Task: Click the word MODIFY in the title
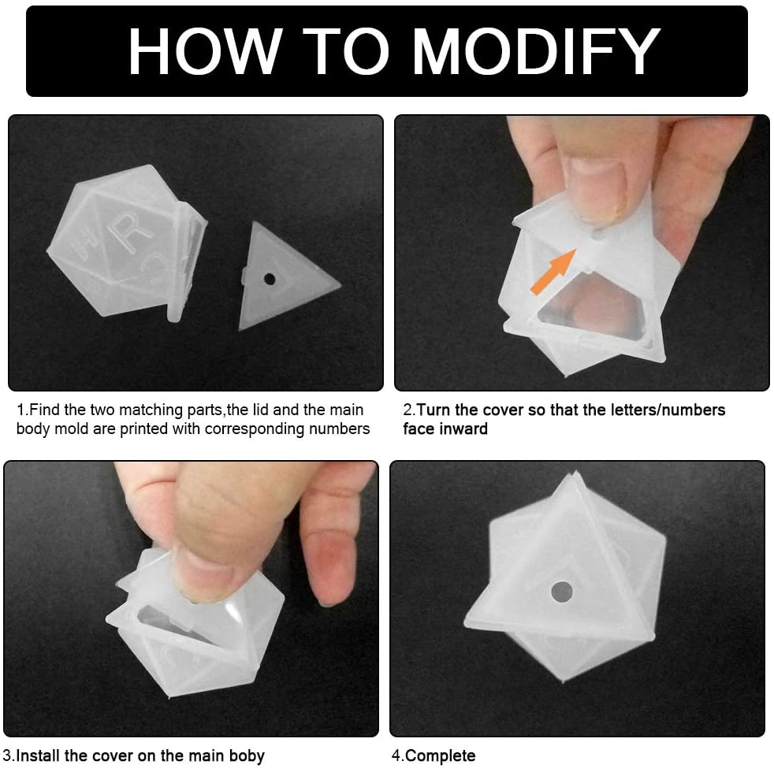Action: coord(536,52)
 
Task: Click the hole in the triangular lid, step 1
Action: coord(270,278)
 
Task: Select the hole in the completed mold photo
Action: coord(561,591)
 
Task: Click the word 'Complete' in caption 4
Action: coord(441,756)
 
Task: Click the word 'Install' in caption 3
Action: coord(39,756)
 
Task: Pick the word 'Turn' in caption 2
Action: coord(434,410)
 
